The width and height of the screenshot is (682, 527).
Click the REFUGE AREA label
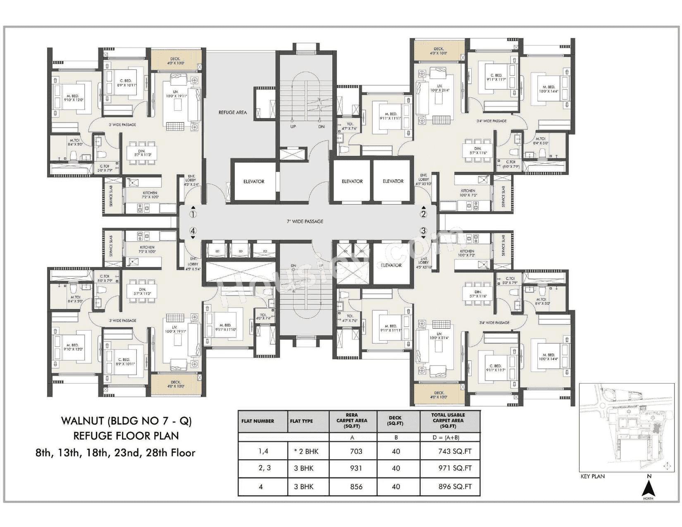232,112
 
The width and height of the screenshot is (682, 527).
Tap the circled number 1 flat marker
193,214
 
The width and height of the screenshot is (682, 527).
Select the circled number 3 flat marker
423,231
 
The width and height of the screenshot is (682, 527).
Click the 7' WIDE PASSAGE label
305,222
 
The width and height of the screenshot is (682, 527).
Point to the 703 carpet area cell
355,451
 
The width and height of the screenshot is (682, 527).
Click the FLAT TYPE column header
301,421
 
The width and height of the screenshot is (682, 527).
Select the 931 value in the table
355,468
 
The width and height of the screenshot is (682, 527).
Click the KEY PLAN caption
592,477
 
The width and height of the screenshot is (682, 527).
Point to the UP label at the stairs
293,127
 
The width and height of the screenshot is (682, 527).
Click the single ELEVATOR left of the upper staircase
254,181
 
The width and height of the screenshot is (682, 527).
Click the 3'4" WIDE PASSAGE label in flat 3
494,322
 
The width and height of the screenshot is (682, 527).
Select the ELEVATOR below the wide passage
391,265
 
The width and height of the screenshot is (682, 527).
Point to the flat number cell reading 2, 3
264,468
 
